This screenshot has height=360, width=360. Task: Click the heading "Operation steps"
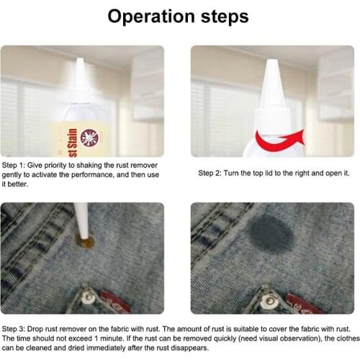179,16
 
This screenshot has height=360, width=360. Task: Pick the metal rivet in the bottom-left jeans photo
87,295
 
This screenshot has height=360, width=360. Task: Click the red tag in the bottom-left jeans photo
117,301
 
